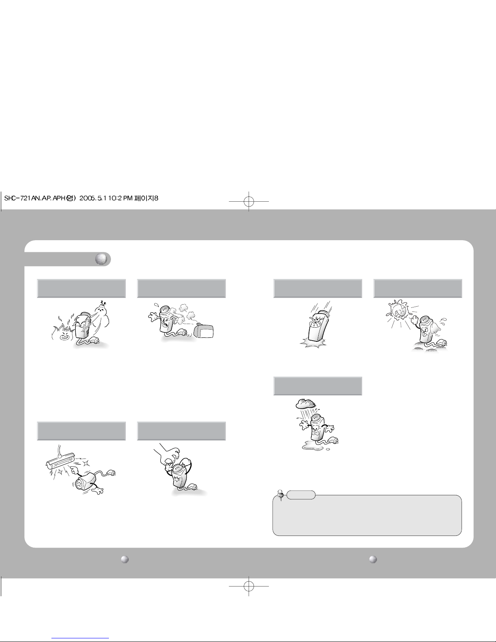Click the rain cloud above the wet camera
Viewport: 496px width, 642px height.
click(306, 403)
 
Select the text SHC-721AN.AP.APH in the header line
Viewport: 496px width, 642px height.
click(34, 198)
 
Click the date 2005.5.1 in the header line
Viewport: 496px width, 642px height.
click(93, 198)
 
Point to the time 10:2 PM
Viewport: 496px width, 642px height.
click(120, 198)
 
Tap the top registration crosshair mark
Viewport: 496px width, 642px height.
click(249, 201)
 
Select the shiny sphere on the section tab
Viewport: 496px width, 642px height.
click(101, 259)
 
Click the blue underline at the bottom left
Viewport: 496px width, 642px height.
click(80, 638)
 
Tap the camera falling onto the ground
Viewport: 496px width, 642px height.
click(318, 325)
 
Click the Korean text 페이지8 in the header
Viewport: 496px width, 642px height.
click(147, 198)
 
